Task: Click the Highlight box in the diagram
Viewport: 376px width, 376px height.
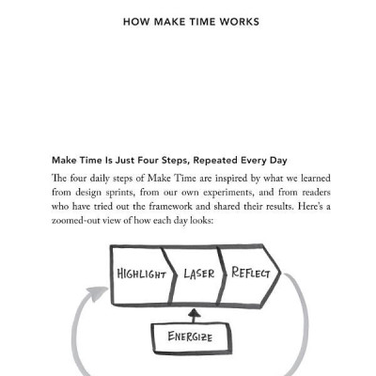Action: point(141,274)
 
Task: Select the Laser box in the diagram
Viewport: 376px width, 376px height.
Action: point(196,274)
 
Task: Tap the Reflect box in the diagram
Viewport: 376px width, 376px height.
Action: point(249,274)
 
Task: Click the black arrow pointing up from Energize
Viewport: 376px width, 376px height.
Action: point(194,313)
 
